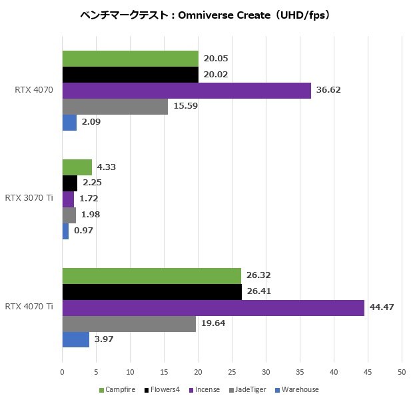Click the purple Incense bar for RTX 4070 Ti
click(213, 307)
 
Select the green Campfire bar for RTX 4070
click(131, 59)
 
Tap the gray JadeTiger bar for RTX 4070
click(115, 106)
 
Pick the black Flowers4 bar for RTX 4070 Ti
click(152, 291)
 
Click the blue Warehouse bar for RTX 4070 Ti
click(75, 339)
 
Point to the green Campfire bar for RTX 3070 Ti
click(77, 167)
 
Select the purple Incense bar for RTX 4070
click(187, 90)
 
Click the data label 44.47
click(383, 307)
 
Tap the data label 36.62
click(330, 90)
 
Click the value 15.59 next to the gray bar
click(187, 106)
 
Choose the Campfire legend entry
click(117, 390)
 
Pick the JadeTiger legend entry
click(250, 390)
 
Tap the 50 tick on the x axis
click(402, 373)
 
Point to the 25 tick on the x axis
click(232, 373)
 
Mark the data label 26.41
click(260, 291)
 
